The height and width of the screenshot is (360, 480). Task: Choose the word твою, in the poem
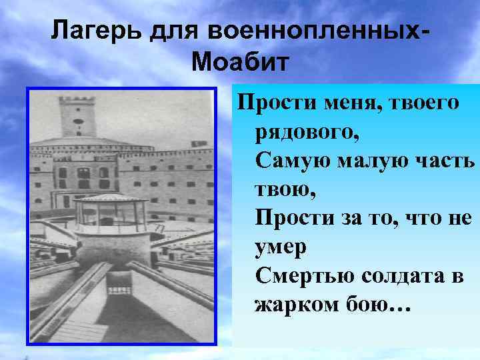click(x=285, y=189)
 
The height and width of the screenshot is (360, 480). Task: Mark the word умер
click(x=280, y=247)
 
